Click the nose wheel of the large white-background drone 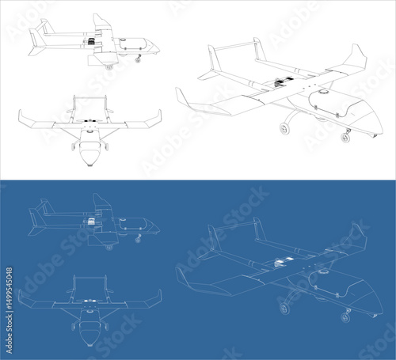345,138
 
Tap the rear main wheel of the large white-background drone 284,129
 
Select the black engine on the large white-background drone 279,83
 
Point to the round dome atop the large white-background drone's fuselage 322,92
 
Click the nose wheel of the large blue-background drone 345,317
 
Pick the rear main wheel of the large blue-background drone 284,309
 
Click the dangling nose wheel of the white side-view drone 138,60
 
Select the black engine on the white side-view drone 91,41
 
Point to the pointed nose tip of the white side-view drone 159,50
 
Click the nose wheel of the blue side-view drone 138,240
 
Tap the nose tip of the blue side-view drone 159,229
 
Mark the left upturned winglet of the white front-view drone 23,118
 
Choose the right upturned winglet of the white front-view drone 156,118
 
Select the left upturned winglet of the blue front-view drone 23,298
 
